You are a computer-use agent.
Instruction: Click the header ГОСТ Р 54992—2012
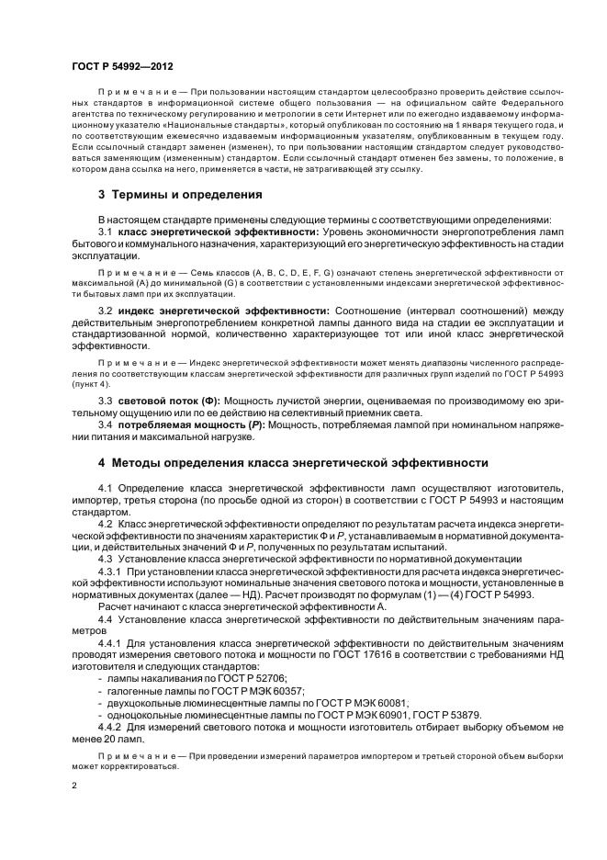(122, 66)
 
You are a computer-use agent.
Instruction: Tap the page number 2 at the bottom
(74, 786)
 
